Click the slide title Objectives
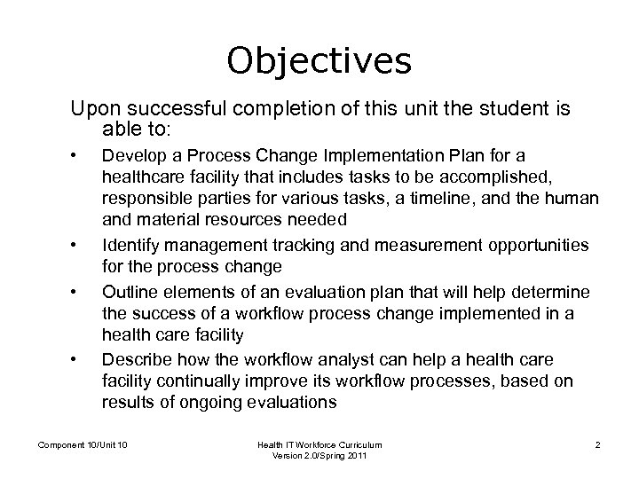tap(319, 60)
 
